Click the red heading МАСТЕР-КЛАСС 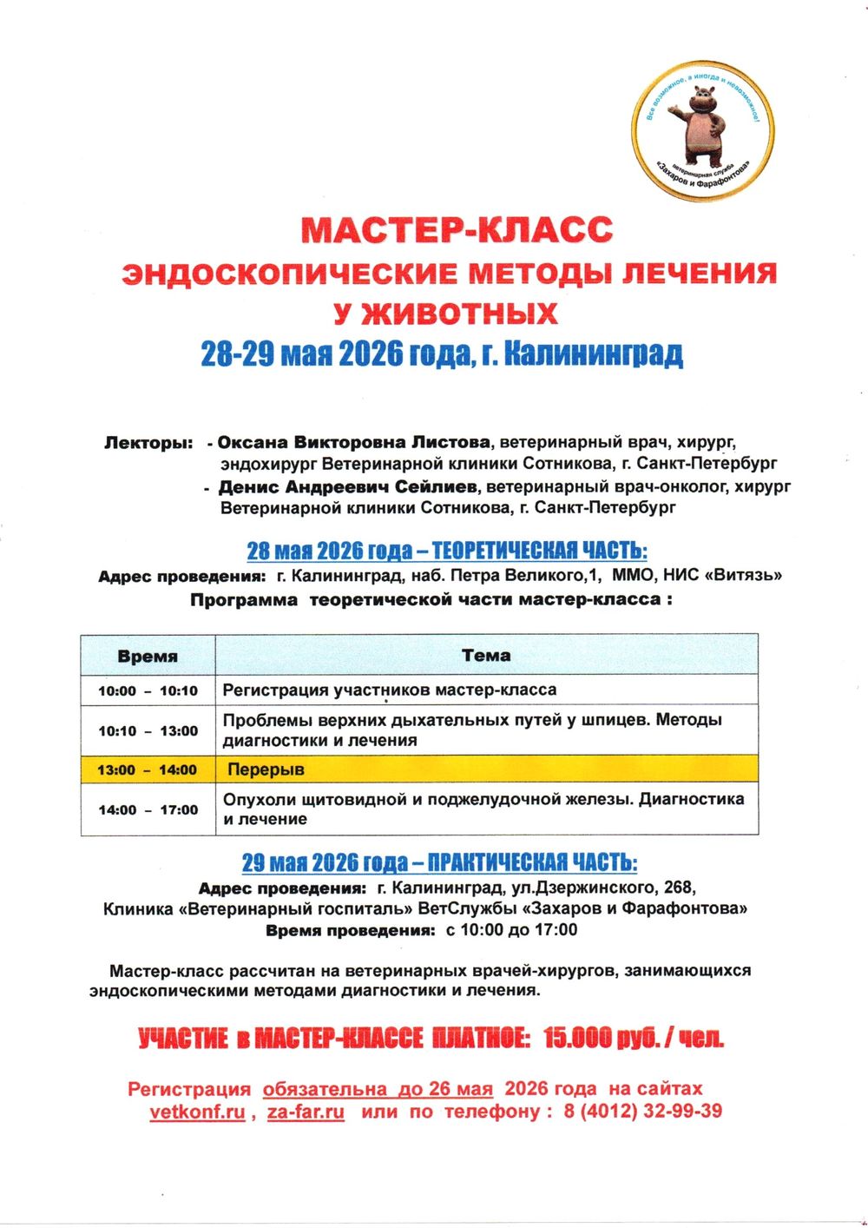point(457,230)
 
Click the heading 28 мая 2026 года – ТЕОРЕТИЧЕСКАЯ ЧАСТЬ point(447,551)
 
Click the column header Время point(148,657)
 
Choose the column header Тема point(486,656)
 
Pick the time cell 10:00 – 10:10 point(148,691)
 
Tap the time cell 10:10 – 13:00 point(148,731)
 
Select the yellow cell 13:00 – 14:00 point(148,769)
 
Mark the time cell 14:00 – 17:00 point(148,810)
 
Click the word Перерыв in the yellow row point(266,769)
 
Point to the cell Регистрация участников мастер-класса point(390,690)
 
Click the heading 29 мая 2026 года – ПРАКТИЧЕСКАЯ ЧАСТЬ point(439,862)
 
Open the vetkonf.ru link point(197,1112)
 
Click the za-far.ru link point(306,1112)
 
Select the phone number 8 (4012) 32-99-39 point(642,1112)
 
